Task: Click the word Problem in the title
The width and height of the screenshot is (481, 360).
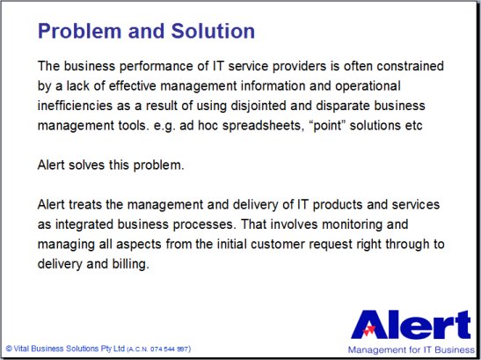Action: [80, 31]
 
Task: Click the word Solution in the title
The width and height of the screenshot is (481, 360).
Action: [213, 31]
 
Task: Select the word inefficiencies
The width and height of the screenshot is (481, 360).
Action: [75, 106]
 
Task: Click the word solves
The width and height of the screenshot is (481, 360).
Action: [86, 165]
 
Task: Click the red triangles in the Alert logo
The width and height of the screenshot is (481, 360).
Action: [368, 330]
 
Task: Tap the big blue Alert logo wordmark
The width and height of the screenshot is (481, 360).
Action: [411, 325]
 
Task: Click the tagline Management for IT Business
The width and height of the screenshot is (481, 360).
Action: [411, 349]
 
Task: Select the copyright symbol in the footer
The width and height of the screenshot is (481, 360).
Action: [9, 349]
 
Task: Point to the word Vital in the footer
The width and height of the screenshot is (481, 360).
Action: [21, 349]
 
